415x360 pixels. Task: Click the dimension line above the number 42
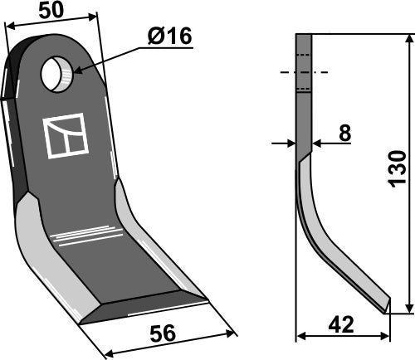coord(342,337)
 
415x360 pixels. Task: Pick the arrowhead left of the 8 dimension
coord(290,143)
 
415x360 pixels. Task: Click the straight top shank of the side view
coord(304,91)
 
